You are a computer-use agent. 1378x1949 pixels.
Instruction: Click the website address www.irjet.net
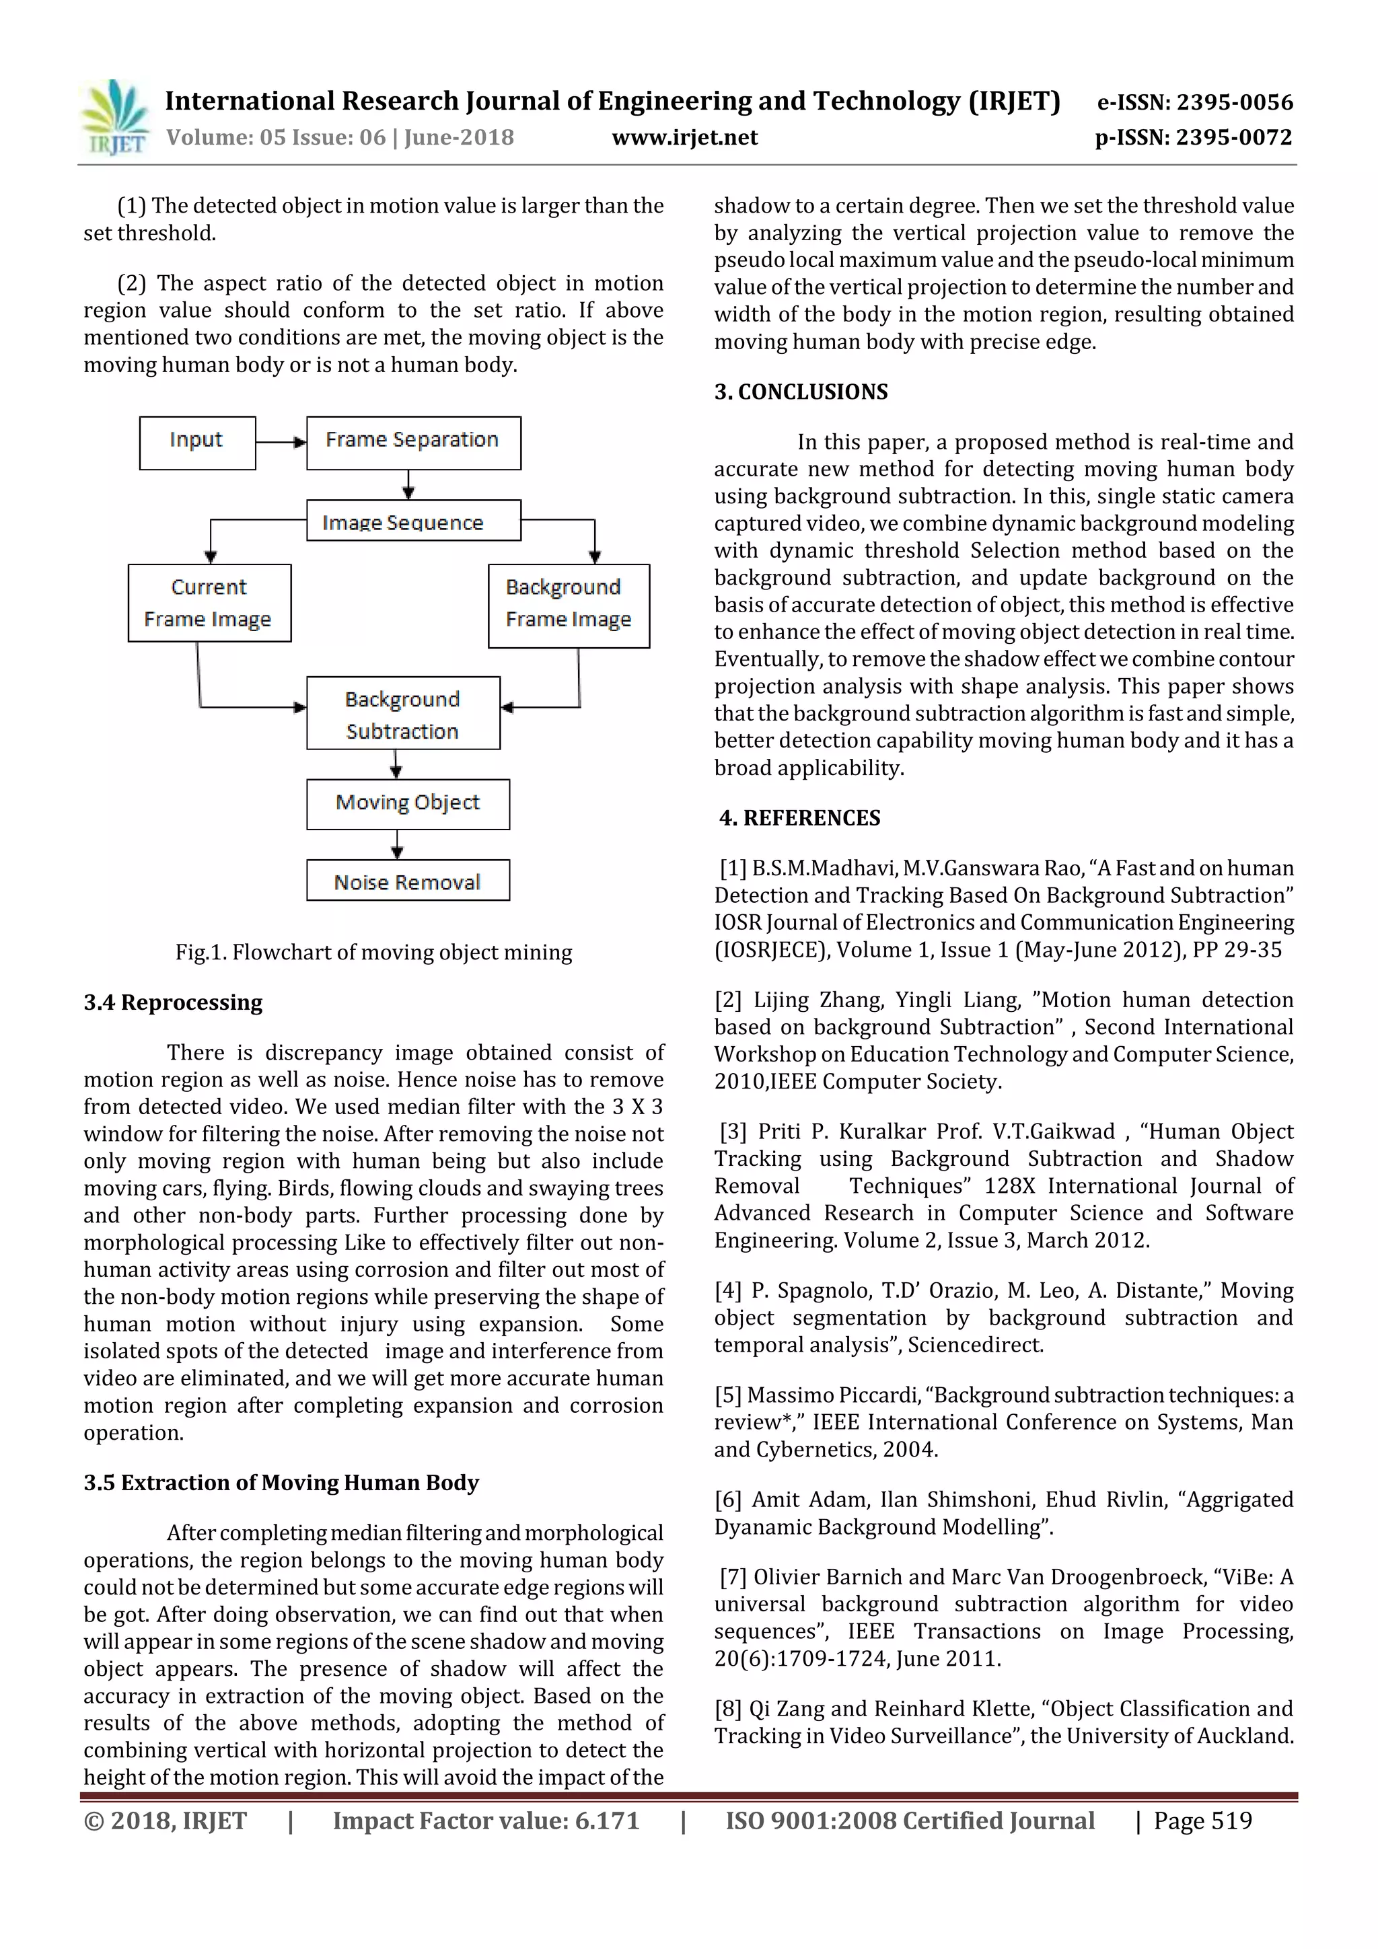tap(684, 137)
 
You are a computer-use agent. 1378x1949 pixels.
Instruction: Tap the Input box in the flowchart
tap(197, 441)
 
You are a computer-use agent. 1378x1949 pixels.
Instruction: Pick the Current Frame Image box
tap(209, 603)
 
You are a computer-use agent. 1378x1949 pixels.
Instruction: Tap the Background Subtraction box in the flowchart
tap(402, 713)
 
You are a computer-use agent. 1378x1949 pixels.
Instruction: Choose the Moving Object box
tap(408, 803)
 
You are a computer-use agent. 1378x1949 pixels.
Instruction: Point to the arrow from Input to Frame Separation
tap(280, 442)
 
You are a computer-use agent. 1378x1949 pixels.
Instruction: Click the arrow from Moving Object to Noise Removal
tap(396, 844)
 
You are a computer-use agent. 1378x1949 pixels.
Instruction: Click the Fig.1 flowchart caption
tap(373, 953)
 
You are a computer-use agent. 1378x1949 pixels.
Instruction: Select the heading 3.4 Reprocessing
tap(173, 1002)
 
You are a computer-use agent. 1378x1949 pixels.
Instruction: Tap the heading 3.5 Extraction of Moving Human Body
tap(281, 1483)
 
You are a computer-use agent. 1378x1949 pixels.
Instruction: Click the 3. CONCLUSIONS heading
tap(801, 392)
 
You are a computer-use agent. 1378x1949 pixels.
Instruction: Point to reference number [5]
tap(727, 1395)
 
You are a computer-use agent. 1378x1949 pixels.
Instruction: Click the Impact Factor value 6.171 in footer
tap(486, 1821)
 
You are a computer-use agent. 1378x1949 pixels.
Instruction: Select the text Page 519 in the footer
tap(1202, 1821)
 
